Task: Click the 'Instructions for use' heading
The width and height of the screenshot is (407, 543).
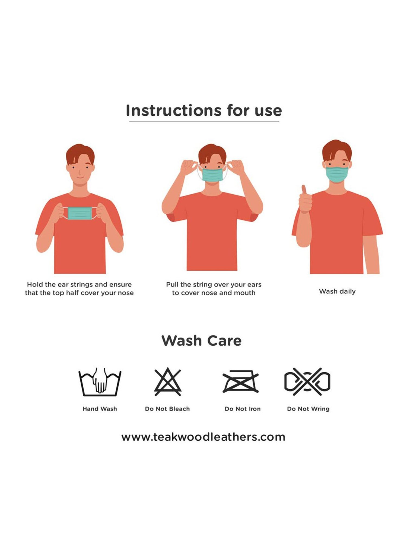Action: (x=204, y=111)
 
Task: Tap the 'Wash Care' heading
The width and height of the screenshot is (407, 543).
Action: (x=201, y=341)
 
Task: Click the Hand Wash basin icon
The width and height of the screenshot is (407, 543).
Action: (x=100, y=382)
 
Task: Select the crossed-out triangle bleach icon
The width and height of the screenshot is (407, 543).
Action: (x=168, y=382)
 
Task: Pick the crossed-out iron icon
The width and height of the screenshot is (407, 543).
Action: (x=240, y=382)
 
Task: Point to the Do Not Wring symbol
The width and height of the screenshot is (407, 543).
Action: (x=307, y=381)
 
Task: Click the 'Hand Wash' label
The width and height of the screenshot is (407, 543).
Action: (x=100, y=409)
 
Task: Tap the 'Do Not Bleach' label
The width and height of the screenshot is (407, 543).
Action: (x=167, y=409)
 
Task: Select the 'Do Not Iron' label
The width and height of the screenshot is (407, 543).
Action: (x=243, y=409)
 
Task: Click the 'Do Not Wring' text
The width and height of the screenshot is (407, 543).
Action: (x=308, y=409)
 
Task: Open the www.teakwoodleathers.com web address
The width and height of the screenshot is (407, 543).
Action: (x=203, y=437)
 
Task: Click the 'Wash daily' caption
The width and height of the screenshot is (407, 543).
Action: (x=337, y=291)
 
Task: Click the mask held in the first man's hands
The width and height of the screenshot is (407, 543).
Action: (x=80, y=213)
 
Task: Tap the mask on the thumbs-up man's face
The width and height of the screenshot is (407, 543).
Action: (x=337, y=174)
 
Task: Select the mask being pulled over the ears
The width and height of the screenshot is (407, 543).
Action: (x=212, y=175)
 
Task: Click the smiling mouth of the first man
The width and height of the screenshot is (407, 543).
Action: (x=80, y=178)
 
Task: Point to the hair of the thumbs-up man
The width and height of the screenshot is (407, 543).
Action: (x=337, y=149)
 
